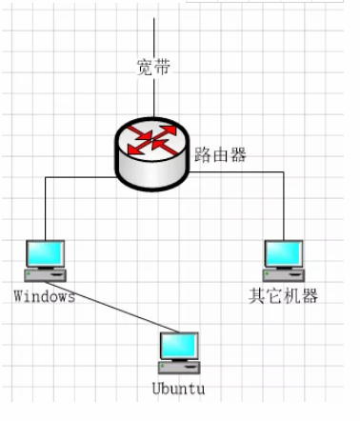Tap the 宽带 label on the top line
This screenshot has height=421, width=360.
153,67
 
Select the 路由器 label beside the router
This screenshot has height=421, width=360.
220,154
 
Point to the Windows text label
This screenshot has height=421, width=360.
45,296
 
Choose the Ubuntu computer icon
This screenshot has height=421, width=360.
179,353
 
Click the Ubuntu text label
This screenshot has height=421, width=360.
178,389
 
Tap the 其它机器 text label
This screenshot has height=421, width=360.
283,296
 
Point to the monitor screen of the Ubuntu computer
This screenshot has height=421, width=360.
179,347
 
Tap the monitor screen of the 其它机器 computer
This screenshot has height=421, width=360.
283,252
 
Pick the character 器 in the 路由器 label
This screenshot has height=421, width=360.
238,154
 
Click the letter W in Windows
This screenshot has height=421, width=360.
19,296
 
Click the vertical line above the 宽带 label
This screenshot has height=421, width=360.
152,33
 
